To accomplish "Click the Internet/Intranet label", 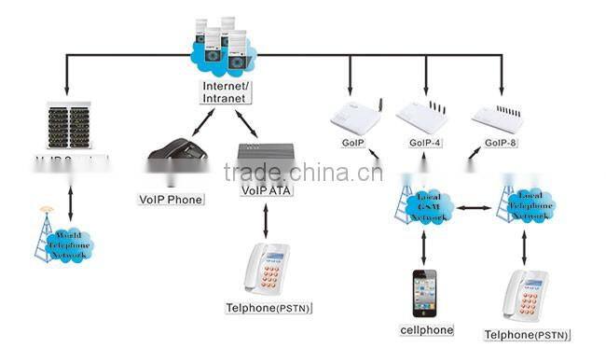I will (x=227, y=90).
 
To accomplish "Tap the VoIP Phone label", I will (x=171, y=199).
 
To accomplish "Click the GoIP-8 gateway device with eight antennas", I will (x=501, y=116).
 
